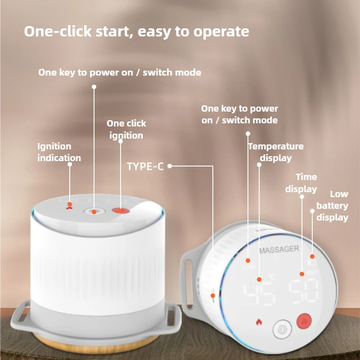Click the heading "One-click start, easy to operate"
(x=136, y=31)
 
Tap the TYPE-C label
(x=145, y=166)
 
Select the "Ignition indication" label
(x=59, y=152)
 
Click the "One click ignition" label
(x=126, y=129)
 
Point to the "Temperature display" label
(x=276, y=152)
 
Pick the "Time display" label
(x=301, y=183)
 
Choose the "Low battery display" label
(x=332, y=206)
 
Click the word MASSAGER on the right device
(x=279, y=250)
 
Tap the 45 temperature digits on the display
(x=260, y=294)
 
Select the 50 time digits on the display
(x=303, y=290)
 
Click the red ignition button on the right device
(x=304, y=321)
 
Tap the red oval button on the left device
(x=121, y=211)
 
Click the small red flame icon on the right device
(x=259, y=322)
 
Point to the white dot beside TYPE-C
(x=170, y=166)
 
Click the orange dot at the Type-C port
(x=213, y=296)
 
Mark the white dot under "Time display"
(x=302, y=197)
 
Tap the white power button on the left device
(x=94, y=211)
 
